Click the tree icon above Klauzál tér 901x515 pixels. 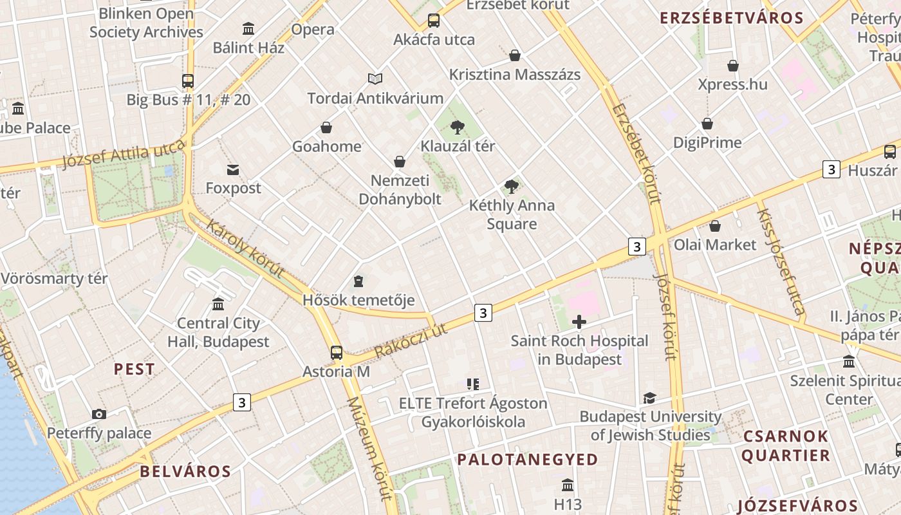point(458,127)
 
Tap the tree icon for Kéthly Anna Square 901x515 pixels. point(512,187)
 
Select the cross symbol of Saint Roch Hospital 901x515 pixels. point(579,322)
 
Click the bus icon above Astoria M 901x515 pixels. point(337,352)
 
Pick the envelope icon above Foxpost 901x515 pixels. point(233,170)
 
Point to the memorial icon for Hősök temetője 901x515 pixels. point(358,281)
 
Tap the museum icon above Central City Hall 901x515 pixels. point(218,304)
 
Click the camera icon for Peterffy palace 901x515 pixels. point(99,414)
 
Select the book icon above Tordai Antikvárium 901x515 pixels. point(375,79)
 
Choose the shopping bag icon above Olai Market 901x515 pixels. point(714,226)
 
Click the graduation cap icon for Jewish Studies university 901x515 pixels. point(649,398)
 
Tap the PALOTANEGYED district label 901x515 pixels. point(528,460)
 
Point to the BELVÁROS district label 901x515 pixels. point(185,471)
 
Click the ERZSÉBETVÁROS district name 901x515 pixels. point(732,18)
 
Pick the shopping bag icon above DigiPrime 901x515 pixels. point(707,124)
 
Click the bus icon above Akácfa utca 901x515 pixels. point(434,21)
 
